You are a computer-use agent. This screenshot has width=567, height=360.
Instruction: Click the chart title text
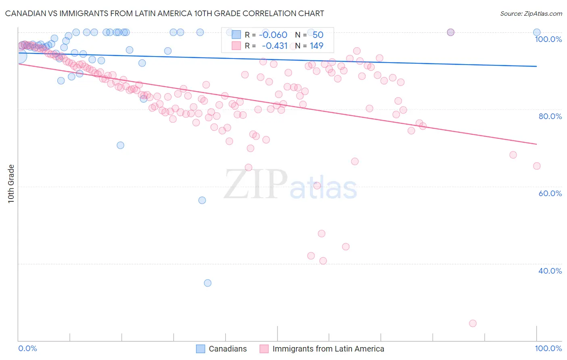click(165, 14)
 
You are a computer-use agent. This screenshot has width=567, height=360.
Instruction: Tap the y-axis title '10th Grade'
click(11, 184)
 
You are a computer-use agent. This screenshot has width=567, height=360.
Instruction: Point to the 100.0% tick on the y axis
click(548, 39)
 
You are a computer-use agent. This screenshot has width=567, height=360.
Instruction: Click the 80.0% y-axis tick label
click(550, 116)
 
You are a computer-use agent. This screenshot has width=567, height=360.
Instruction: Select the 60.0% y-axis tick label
click(550, 193)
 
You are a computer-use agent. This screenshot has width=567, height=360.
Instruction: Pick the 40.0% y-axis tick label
click(550, 271)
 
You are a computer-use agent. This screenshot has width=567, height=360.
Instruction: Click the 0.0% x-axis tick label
click(27, 348)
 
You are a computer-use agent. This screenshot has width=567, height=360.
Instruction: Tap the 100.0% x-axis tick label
click(548, 348)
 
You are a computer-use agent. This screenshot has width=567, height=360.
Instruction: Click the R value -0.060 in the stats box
click(273, 35)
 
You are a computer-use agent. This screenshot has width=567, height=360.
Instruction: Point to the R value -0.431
click(274, 46)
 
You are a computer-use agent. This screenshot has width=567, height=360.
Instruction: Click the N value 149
click(316, 46)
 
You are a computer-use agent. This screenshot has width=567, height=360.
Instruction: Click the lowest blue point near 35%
click(208, 283)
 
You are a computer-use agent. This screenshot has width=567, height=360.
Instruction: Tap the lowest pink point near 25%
click(473, 323)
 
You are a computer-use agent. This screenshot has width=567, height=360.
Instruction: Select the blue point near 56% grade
click(202, 200)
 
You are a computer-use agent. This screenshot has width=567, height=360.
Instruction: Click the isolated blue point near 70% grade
click(120, 145)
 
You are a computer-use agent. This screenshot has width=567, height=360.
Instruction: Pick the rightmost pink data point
click(537, 166)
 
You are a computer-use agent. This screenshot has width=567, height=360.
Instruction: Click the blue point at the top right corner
click(537, 32)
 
